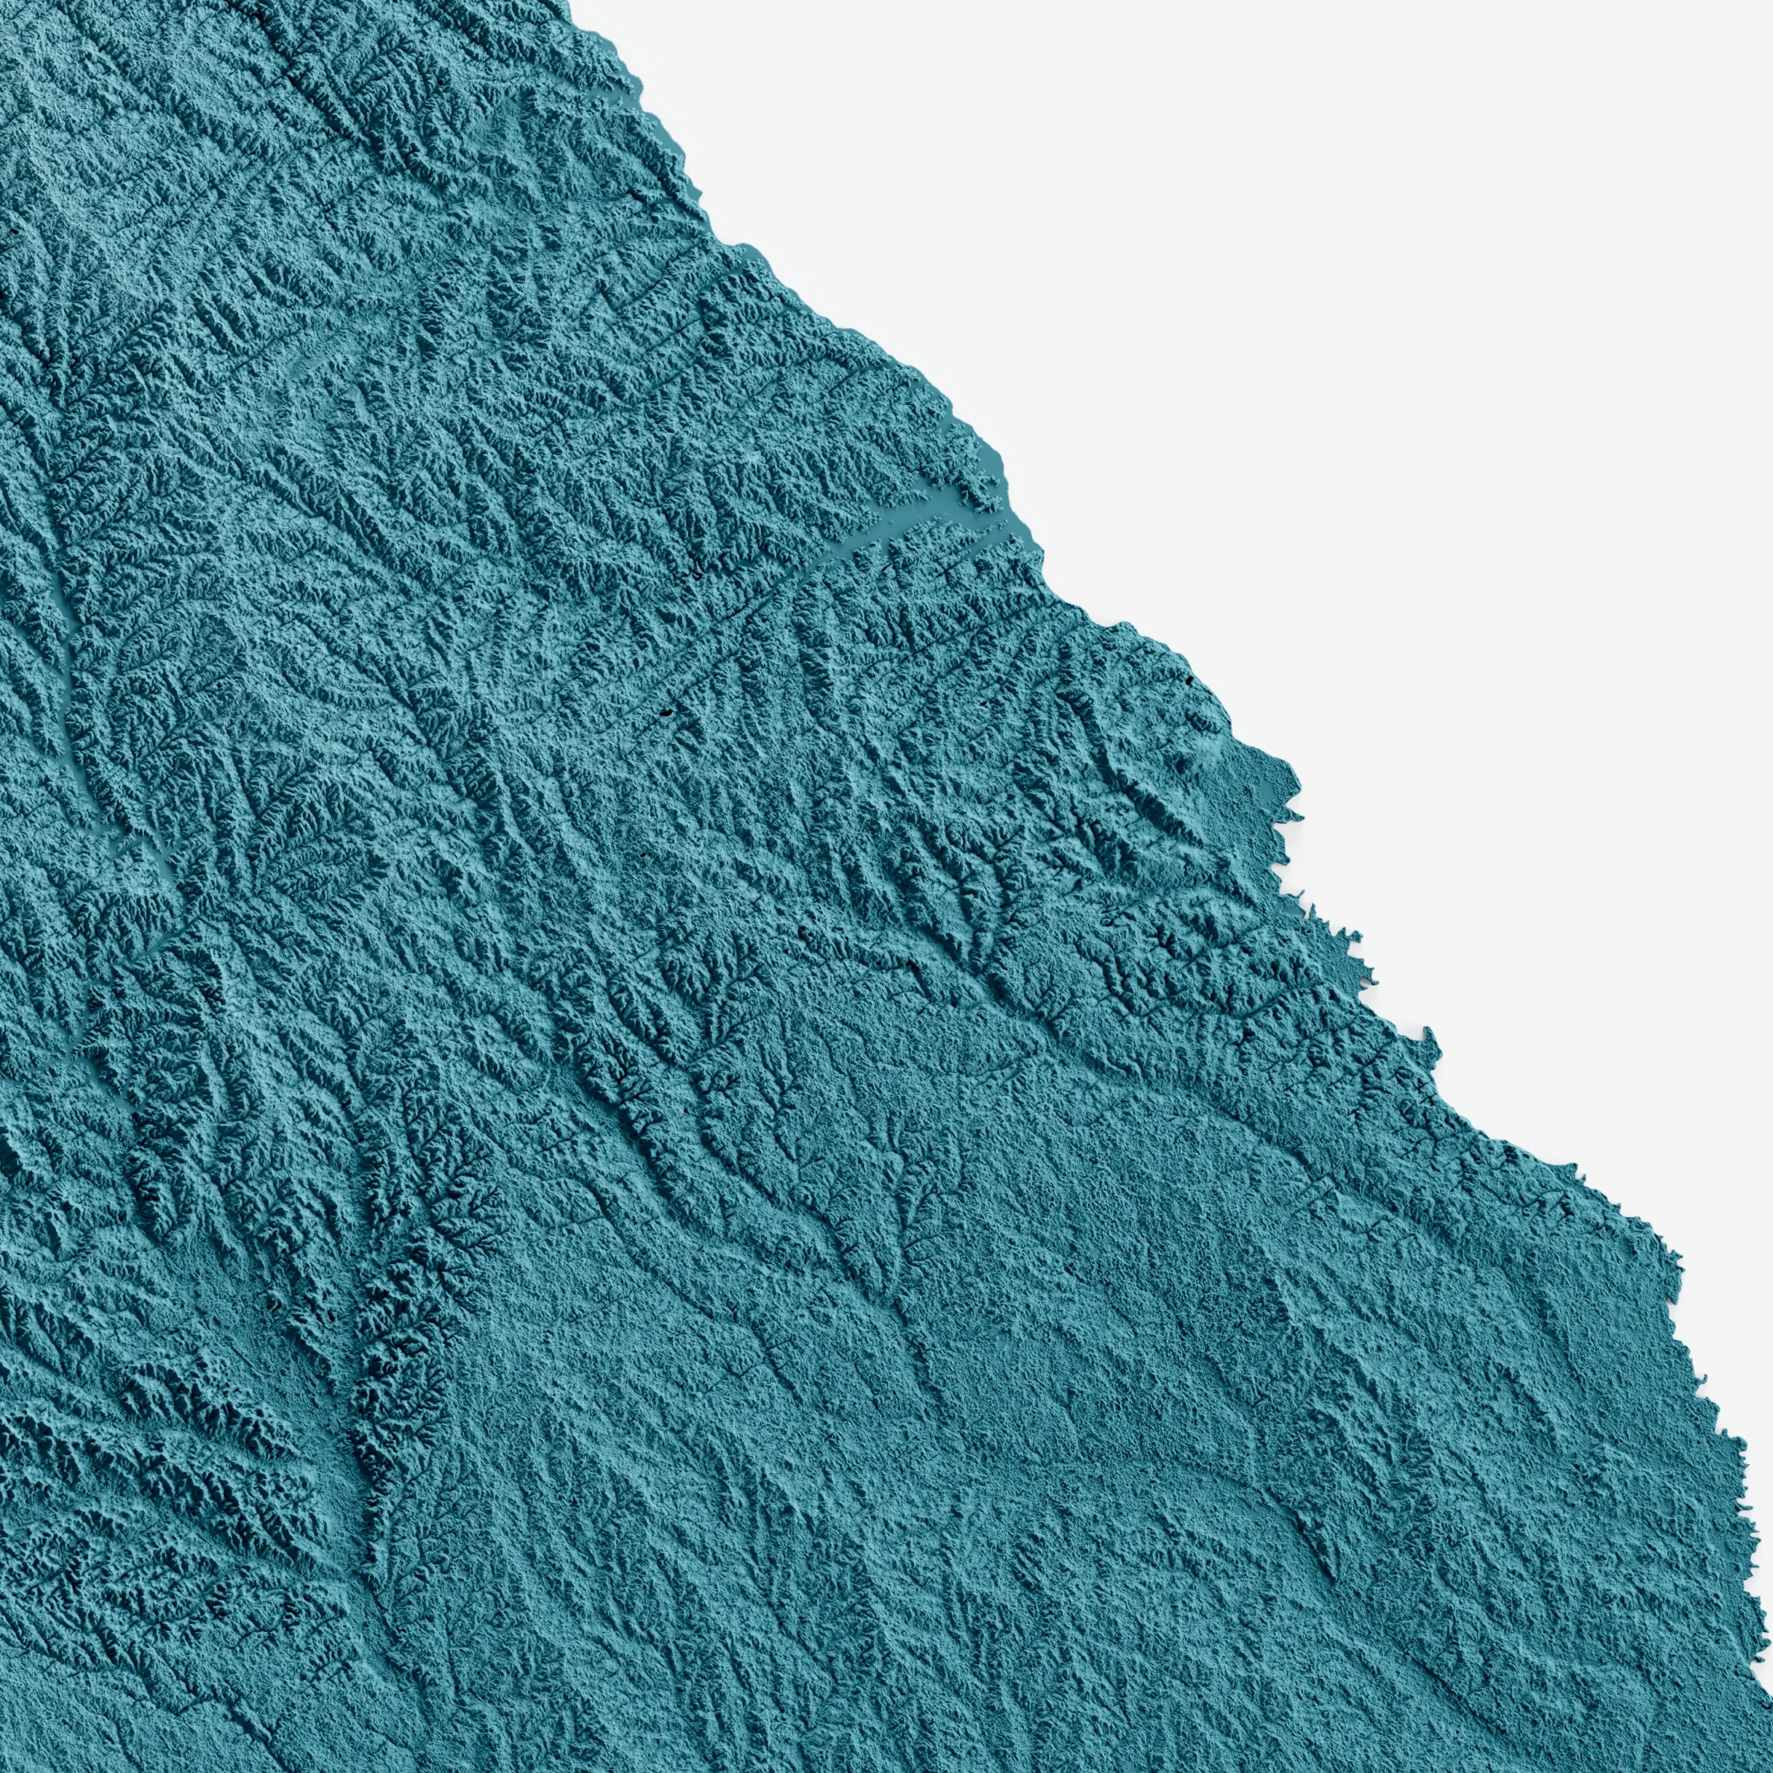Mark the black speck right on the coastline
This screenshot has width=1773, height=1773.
coord(1194,680)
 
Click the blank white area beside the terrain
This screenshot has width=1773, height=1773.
coord(1377,321)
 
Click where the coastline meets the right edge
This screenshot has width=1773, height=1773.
coord(1769,1477)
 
